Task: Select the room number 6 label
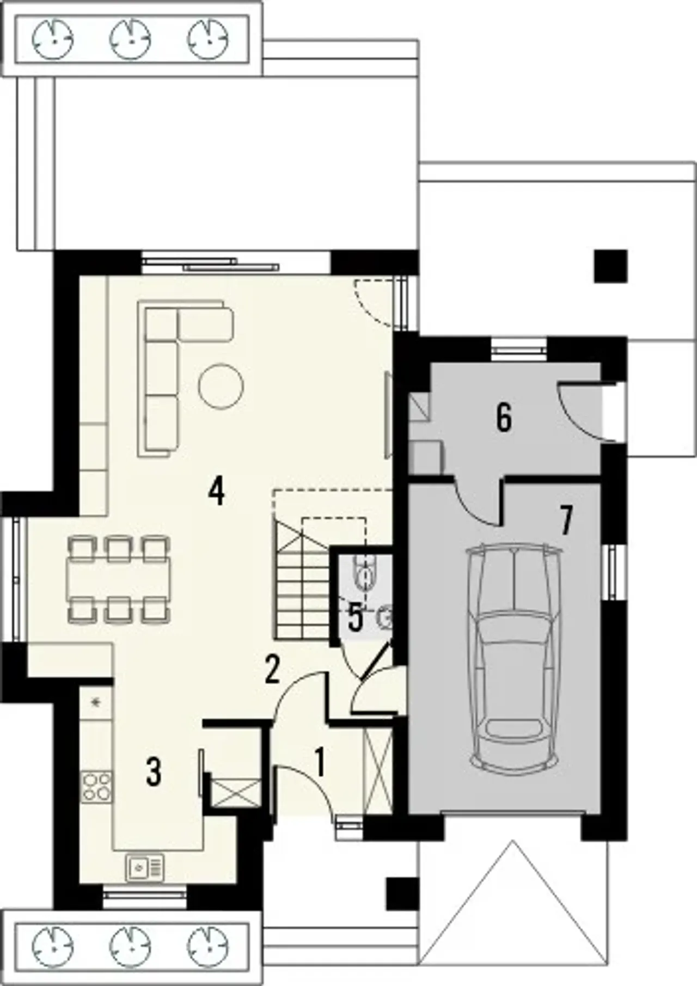point(504,418)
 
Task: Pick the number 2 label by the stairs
point(272,669)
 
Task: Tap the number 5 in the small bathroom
point(355,618)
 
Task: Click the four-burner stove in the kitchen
point(96,787)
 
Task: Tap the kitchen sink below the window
point(145,867)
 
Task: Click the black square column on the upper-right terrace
point(610,266)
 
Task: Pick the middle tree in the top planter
point(131,39)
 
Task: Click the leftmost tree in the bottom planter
point(53,947)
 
